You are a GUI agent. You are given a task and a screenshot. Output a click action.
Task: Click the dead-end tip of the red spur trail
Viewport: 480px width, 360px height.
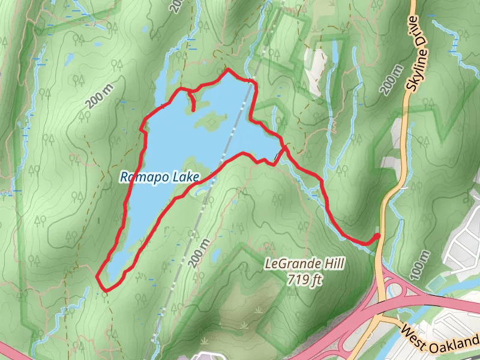pos(194,109)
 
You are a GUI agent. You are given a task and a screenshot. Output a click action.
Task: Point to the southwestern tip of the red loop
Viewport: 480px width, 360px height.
pos(98,277)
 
